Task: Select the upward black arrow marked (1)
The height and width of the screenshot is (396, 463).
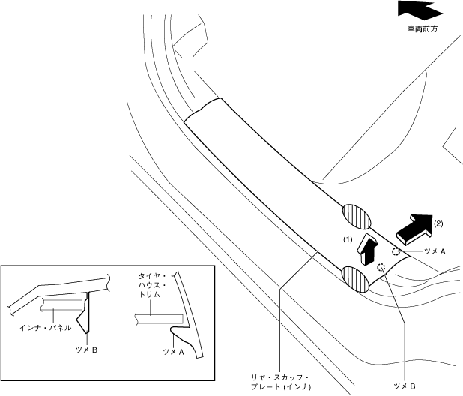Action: click(367, 248)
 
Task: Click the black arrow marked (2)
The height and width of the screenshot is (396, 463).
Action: click(413, 228)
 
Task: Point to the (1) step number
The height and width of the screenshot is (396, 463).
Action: click(348, 238)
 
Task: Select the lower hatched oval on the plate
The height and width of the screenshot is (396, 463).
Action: click(357, 278)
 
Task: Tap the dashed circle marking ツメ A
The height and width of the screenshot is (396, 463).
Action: click(396, 253)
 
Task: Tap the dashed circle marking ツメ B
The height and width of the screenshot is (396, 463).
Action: click(381, 267)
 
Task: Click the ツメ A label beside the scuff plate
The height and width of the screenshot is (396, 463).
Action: click(432, 253)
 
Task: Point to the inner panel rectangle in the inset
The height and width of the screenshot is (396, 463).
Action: click(61, 306)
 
